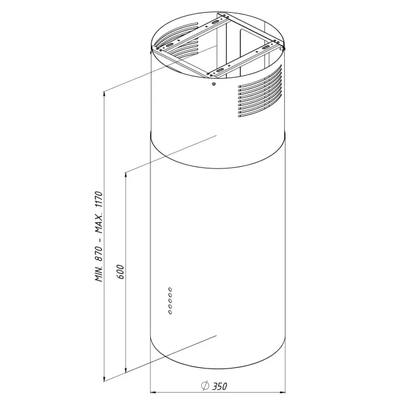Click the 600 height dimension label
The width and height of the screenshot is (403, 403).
(x=120, y=271)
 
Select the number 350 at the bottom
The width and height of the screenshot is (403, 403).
(x=219, y=386)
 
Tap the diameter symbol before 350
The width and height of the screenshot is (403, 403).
(x=205, y=385)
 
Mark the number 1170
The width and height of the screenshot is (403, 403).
(x=99, y=199)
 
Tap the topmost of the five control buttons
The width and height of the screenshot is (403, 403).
(x=170, y=290)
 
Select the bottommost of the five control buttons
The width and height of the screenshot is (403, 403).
(x=170, y=312)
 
